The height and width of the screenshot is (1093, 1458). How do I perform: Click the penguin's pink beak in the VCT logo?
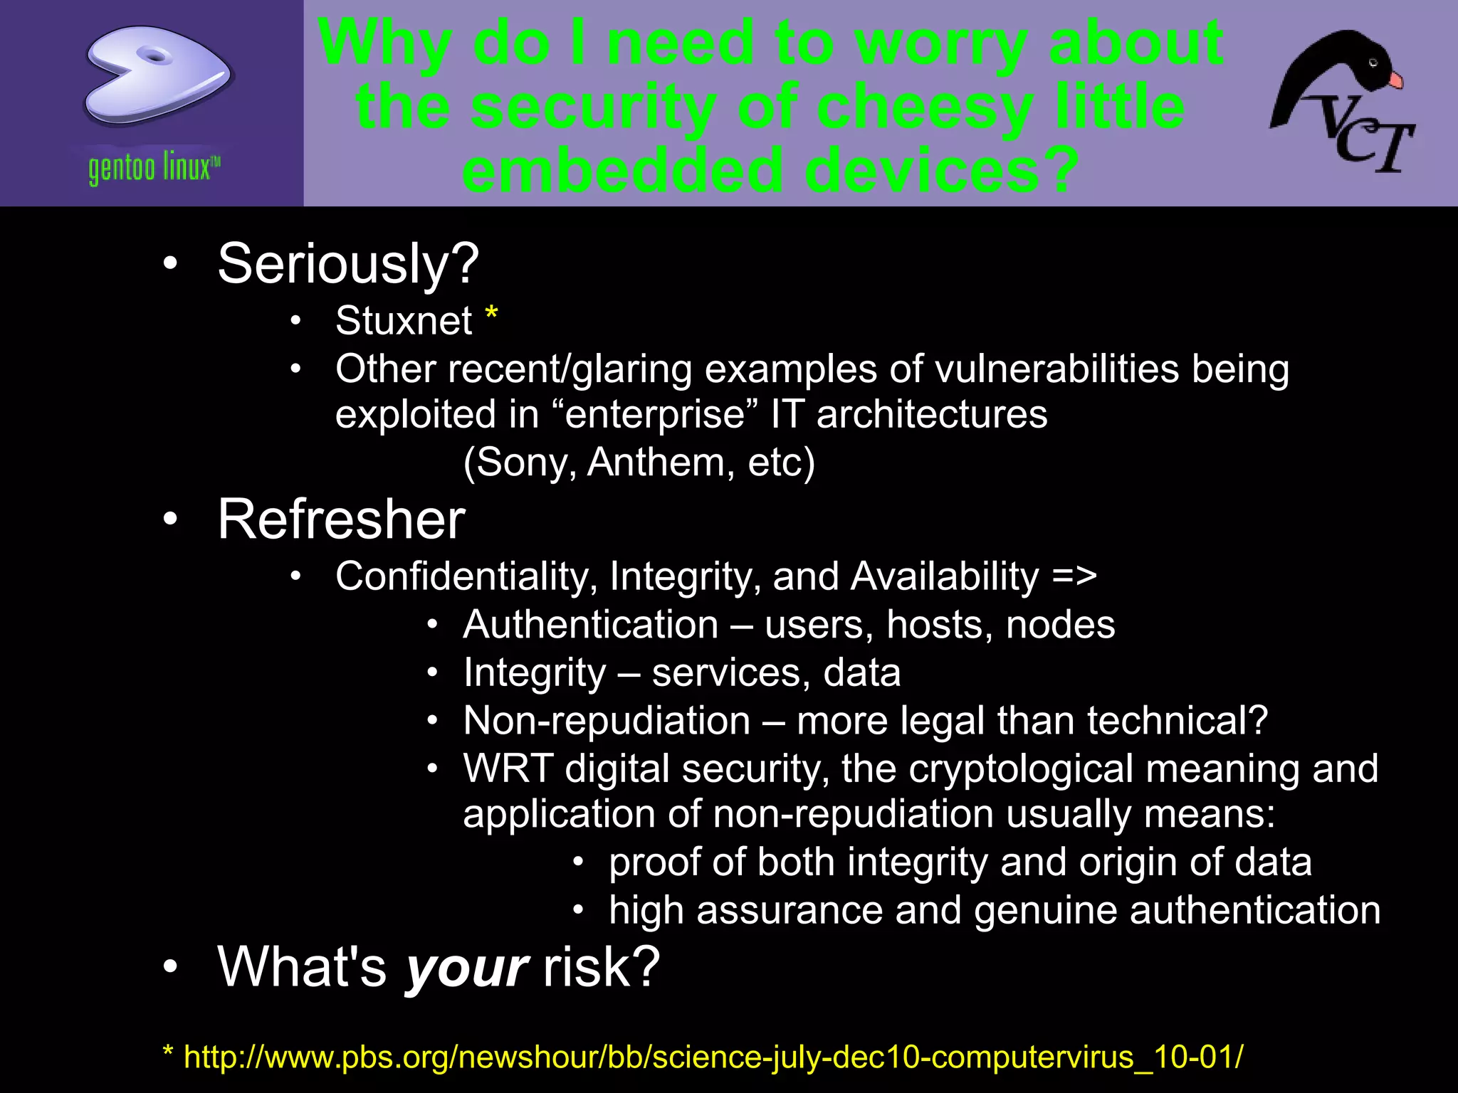(x=1395, y=80)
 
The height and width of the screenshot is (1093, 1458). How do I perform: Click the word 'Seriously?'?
(x=347, y=264)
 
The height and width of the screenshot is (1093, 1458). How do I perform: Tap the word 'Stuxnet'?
(x=403, y=320)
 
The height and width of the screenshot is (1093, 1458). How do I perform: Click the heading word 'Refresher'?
(x=341, y=519)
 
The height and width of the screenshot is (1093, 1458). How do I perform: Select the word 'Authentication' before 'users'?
(x=590, y=625)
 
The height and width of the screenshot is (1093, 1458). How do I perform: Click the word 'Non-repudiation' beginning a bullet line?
(x=607, y=721)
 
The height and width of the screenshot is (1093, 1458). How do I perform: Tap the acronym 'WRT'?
(x=508, y=769)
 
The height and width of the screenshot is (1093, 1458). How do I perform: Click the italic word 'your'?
(x=466, y=968)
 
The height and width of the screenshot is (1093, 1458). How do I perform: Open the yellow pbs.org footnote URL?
(x=712, y=1057)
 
